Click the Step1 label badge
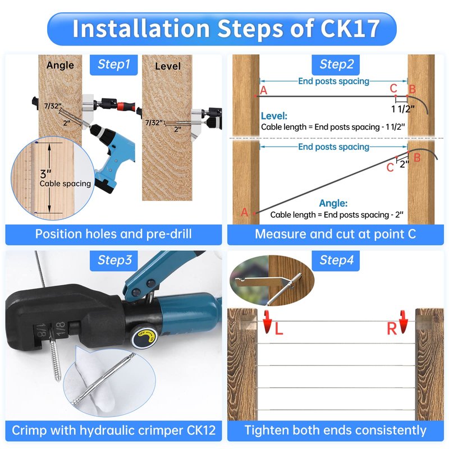point(114,65)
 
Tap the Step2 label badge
point(336,65)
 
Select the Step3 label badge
point(114,260)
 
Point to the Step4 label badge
point(336,260)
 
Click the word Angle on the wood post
point(60,65)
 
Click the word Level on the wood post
point(168,66)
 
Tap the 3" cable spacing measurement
point(45,173)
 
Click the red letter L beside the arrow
point(278,329)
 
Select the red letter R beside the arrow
point(392,329)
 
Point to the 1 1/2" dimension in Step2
point(403,109)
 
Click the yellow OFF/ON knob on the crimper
point(145,335)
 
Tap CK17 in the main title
point(350,29)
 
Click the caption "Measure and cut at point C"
point(335,234)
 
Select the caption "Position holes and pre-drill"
point(113,234)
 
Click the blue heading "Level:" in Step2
point(274,116)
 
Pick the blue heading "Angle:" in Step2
point(333,203)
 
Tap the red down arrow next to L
point(267,322)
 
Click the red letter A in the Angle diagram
point(244,212)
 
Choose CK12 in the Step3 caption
point(201,430)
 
